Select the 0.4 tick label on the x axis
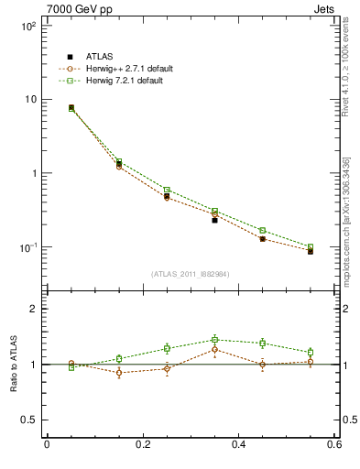click(239, 445)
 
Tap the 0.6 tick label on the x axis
click(335, 445)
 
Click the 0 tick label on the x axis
click(47, 445)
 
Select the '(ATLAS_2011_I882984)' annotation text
click(190, 274)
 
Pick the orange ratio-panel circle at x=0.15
click(119, 373)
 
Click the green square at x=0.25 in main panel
click(167, 190)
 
